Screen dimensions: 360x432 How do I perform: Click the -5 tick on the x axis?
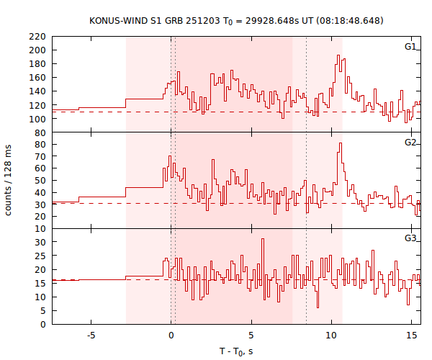point(91,335)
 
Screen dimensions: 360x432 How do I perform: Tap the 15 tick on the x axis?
point(411,335)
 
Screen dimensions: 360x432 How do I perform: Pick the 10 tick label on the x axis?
point(331,335)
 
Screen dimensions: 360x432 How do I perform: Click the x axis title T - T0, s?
point(236,351)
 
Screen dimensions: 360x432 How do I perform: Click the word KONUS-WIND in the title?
point(116,20)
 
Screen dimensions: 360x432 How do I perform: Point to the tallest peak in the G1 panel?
point(338,56)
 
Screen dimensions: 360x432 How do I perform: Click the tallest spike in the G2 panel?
point(340,143)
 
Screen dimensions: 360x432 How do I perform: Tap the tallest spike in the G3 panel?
point(264,239)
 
